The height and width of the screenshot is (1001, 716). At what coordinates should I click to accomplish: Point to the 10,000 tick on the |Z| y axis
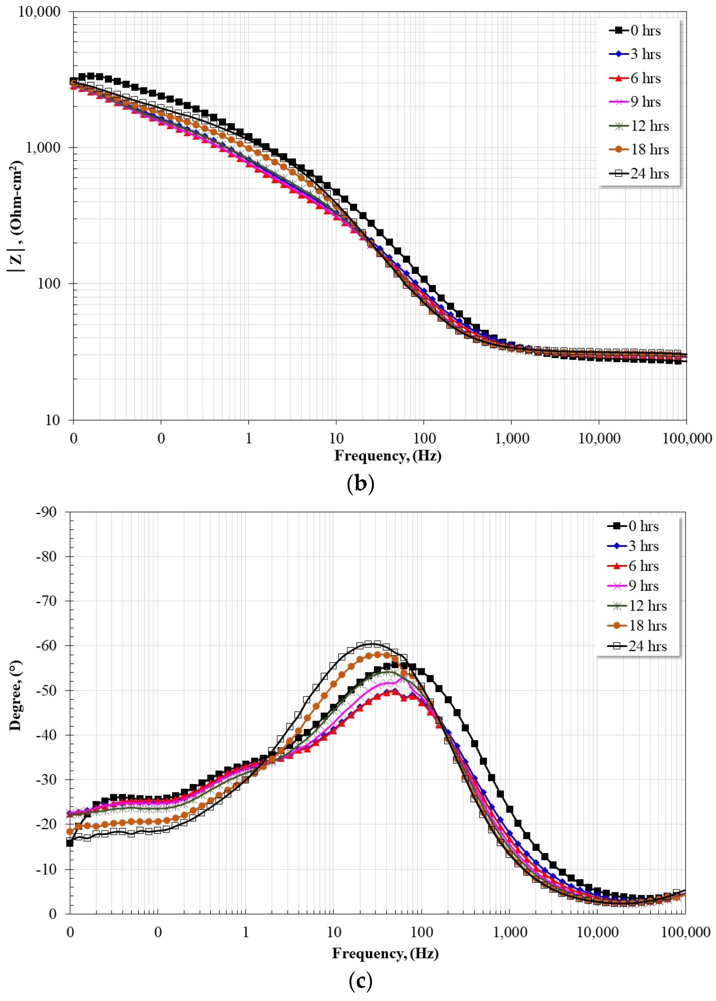[x=39, y=11]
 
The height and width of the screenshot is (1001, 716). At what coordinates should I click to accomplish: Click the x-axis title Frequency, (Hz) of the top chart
[x=388, y=456]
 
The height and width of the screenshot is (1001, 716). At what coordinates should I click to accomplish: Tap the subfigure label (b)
[x=360, y=483]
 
